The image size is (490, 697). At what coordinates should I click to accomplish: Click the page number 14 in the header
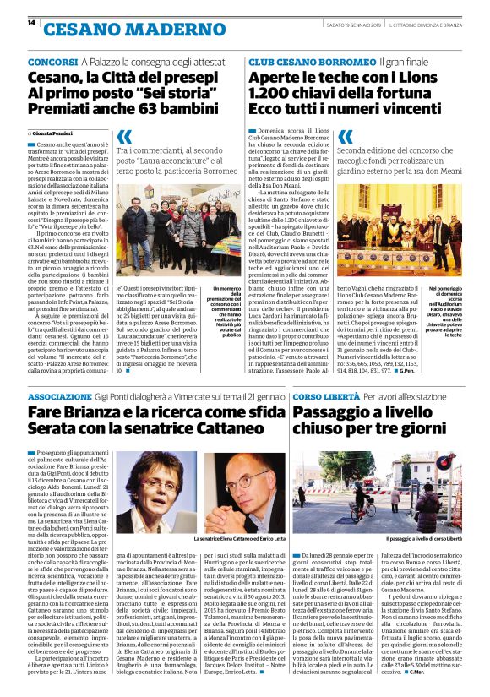pos(31,24)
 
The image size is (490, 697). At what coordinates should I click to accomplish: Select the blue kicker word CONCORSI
pos(53,63)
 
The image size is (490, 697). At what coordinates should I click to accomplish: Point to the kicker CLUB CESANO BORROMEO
pos(301,63)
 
